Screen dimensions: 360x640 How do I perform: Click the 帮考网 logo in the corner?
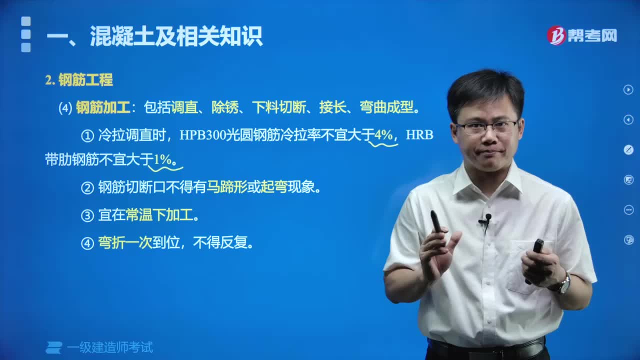[x=581, y=35]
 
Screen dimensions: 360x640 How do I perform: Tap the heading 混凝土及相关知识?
[x=176, y=36]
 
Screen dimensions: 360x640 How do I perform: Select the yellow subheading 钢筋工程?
[x=85, y=80]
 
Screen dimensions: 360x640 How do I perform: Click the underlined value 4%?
[x=383, y=135]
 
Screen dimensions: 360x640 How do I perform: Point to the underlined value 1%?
[x=162, y=160]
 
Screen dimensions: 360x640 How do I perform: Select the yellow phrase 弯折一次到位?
[x=125, y=243]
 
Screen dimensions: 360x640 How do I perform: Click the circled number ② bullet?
[x=87, y=188]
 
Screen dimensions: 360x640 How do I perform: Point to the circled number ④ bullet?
[x=87, y=243]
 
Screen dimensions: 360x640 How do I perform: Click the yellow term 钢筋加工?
[x=103, y=108]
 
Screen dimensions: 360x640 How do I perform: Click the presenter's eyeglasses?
[x=486, y=127]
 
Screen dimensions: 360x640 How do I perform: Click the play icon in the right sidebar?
[x=628, y=89]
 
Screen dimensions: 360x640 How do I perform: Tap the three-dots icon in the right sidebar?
[x=628, y=209]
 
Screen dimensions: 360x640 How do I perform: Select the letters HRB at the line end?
[x=419, y=135]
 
